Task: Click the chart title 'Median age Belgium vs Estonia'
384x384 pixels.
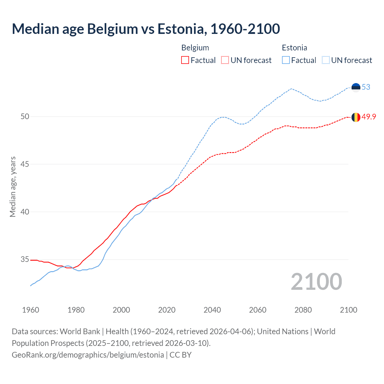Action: (146, 29)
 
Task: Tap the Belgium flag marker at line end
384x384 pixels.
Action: (356, 117)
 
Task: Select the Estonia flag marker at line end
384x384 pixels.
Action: (356, 87)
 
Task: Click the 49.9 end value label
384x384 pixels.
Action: (369, 117)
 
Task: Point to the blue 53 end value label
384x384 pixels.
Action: (366, 87)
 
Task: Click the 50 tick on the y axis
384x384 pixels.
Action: (25, 116)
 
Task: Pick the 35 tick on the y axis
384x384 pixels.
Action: (25, 259)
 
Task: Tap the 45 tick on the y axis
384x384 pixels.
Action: (25, 164)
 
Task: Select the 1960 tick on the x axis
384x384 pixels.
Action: (31, 310)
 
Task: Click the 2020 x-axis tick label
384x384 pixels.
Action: (167, 310)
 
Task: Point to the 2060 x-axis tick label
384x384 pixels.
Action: (258, 310)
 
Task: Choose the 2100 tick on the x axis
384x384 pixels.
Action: (349, 310)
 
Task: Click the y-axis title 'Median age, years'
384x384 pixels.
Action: (13, 187)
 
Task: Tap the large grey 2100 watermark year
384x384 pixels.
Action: (316, 281)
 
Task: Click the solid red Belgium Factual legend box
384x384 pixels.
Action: (185, 60)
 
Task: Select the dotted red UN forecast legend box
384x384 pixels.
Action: (225, 60)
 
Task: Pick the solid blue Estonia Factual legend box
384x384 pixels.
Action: (286, 60)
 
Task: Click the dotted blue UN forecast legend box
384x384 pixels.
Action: (325, 60)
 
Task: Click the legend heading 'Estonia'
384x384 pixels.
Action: (294, 48)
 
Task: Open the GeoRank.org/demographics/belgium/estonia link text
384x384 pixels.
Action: (88, 355)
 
